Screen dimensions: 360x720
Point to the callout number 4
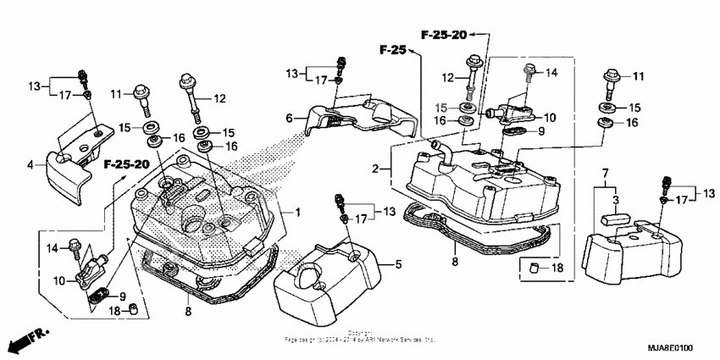[30, 164]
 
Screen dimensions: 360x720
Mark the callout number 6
[288, 118]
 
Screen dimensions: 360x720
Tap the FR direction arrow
[25, 341]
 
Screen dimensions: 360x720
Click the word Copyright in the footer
[359, 332]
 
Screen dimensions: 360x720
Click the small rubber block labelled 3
[614, 218]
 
